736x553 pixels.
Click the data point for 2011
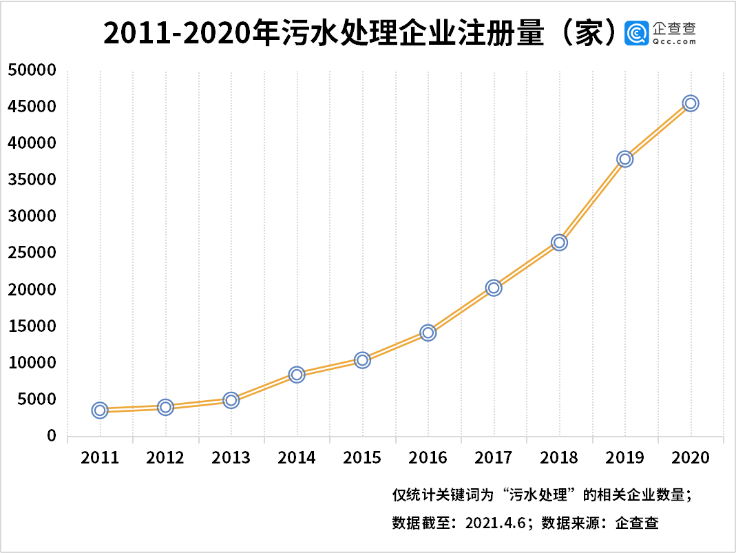100,410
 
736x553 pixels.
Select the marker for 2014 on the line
297,375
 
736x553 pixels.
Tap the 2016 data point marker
428,333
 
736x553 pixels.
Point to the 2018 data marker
559,242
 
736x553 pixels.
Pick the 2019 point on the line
625,159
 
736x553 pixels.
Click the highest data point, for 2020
691,103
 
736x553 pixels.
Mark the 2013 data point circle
231,400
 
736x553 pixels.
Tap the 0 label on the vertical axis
51,436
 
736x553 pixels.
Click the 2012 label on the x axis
165,458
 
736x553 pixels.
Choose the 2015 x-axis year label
362,458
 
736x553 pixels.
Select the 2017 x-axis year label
494,458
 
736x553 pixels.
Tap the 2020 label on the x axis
691,458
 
